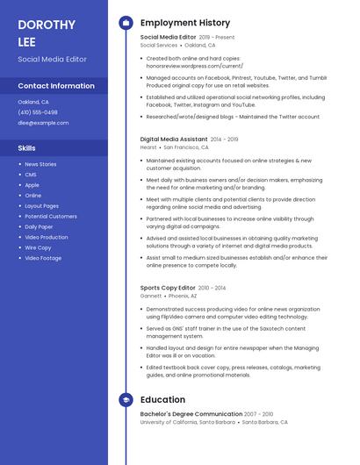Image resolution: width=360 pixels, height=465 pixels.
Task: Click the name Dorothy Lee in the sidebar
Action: [47, 32]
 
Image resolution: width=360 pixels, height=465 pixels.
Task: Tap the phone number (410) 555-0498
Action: [38, 112]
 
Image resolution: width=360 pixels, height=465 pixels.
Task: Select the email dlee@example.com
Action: [43, 123]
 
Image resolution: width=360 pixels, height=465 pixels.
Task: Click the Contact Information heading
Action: [56, 86]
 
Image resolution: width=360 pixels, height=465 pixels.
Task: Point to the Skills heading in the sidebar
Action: [27, 148]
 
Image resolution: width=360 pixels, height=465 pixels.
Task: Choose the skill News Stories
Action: [40, 164]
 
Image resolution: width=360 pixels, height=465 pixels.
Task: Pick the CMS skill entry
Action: [31, 175]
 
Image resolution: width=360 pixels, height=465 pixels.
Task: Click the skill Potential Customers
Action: [51, 216]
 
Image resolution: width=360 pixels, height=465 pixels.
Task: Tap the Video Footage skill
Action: [43, 258]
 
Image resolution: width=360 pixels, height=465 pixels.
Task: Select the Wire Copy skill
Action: [37, 247]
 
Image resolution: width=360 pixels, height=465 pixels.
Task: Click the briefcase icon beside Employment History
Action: [126, 22]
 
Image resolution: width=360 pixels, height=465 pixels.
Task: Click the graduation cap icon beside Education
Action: [126, 400]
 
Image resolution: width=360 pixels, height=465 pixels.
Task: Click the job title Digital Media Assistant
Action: [174, 139]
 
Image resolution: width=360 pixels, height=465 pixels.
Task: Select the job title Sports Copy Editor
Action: [168, 288]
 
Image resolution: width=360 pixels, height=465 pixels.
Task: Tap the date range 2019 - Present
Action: [217, 38]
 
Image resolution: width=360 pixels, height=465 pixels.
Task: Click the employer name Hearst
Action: [148, 147]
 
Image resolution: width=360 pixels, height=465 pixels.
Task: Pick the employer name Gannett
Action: [151, 297]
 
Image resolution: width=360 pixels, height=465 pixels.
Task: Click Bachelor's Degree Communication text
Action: [191, 413]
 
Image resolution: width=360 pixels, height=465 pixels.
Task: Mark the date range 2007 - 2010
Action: [259, 413]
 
